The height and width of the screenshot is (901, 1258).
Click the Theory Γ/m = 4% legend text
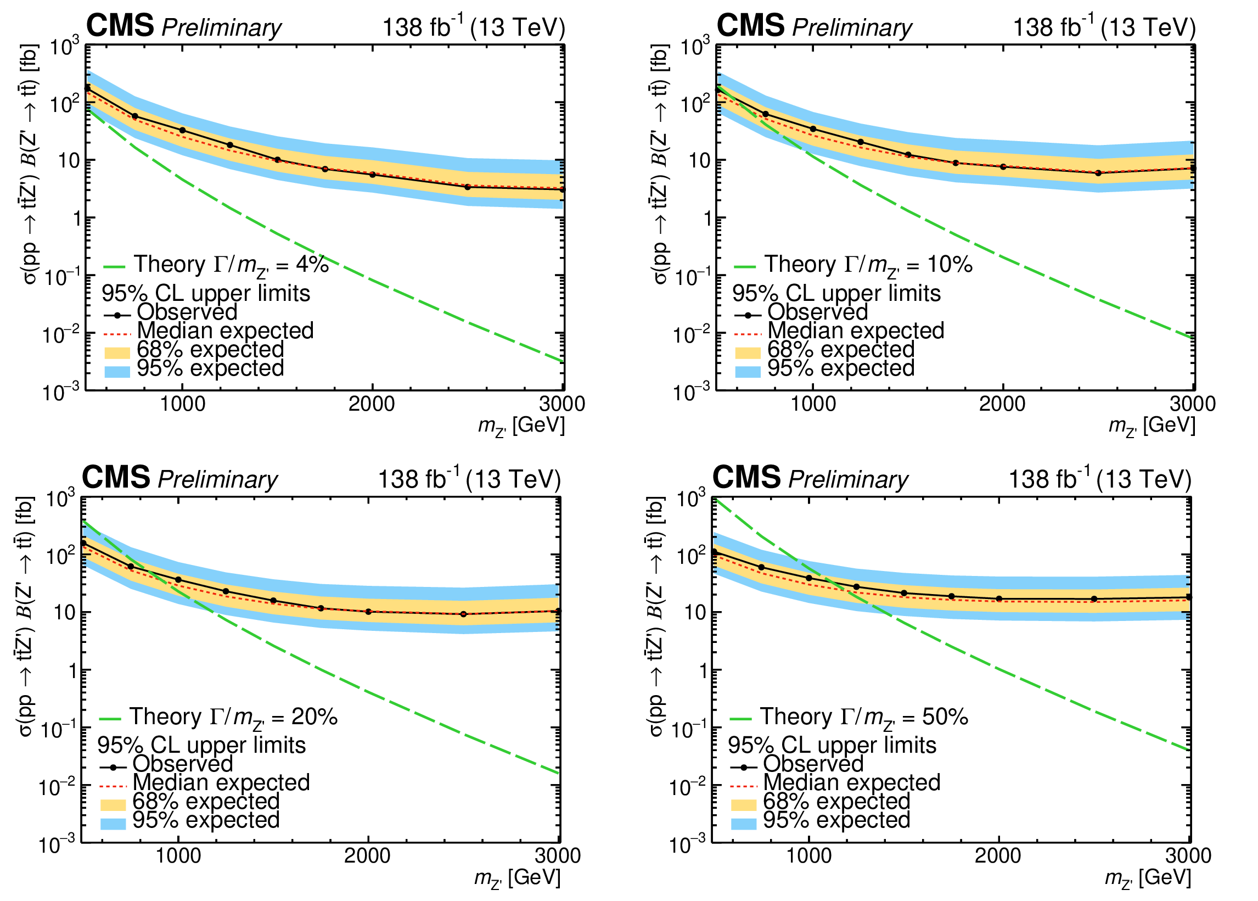point(231,266)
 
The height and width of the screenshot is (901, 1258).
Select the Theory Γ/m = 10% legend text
point(869,266)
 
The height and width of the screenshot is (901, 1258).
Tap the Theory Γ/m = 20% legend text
point(233,718)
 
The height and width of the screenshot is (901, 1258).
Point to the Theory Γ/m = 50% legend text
point(864,718)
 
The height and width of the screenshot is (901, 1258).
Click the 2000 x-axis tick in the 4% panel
point(372,404)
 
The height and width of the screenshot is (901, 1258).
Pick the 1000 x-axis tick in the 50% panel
point(808,856)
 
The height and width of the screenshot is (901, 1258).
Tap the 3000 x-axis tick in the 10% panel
point(1193,404)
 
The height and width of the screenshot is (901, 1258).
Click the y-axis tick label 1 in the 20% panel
point(71,671)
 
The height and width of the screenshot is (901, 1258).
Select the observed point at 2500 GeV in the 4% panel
point(468,187)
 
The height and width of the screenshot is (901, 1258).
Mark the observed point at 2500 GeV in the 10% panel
point(1098,173)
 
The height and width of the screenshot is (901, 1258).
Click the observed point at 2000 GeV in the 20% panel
point(368,612)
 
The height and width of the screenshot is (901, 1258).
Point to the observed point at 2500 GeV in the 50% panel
point(1094,599)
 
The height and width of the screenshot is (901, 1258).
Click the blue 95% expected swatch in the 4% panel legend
point(117,371)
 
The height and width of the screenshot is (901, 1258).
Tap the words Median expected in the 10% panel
point(856,331)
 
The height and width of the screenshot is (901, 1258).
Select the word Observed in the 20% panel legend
point(183,764)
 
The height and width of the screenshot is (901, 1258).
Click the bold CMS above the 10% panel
point(750,25)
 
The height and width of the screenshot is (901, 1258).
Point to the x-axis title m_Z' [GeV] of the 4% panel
point(521,427)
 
